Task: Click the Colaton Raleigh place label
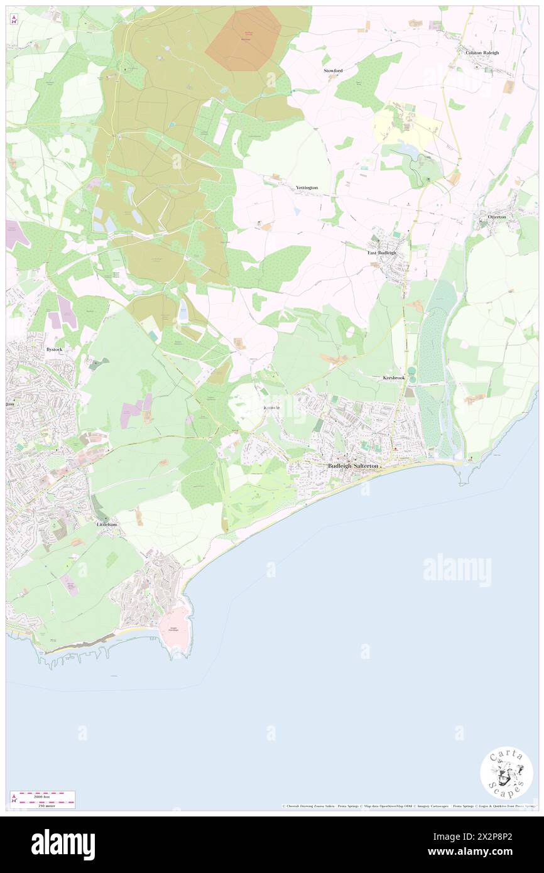[x=482, y=53]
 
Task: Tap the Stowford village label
[x=333, y=71]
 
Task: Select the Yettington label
[x=307, y=188]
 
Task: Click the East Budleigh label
[x=382, y=252]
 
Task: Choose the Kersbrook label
[x=394, y=378]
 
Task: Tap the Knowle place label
[x=271, y=408]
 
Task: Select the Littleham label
[x=106, y=523]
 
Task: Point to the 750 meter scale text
[x=43, y=805]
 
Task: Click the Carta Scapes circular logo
[x=506, y=773]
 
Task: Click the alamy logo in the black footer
[x=63, y=844]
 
